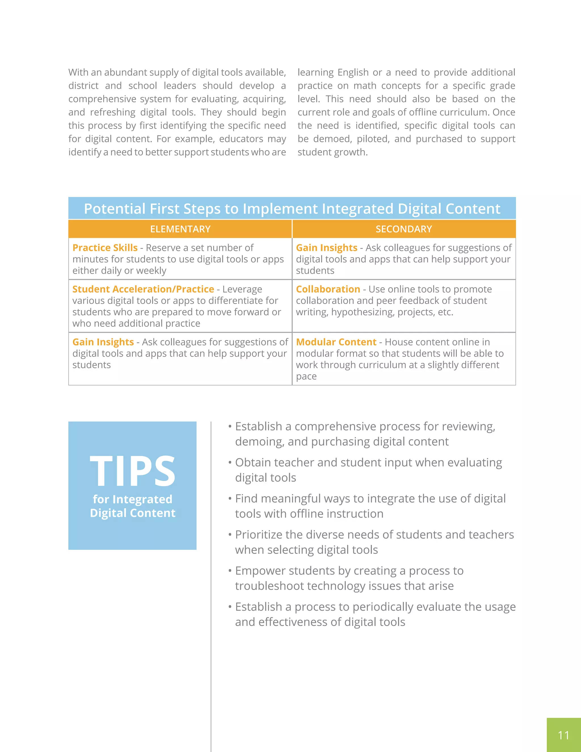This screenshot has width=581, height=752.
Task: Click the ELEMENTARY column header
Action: pos(180,229)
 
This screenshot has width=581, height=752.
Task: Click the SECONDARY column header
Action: pos(403,229)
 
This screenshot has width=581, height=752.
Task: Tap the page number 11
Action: pos(563,735)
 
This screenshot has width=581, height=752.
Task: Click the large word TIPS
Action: pos(132,471)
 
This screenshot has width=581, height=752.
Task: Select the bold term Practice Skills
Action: pos(105,247)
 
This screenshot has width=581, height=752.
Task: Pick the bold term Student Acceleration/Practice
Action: pos(143,289)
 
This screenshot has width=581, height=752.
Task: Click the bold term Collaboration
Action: pos(328,289)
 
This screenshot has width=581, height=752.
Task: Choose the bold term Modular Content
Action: pos(336,342)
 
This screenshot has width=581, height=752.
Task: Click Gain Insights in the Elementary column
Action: pos(103,342)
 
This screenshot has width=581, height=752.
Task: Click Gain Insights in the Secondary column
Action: pos(327,247)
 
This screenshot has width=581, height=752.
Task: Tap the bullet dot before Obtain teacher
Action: pos(230,463)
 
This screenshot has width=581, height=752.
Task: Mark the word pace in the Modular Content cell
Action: pos(306,376)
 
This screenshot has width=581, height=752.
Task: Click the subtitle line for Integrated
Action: pos(132,499)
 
